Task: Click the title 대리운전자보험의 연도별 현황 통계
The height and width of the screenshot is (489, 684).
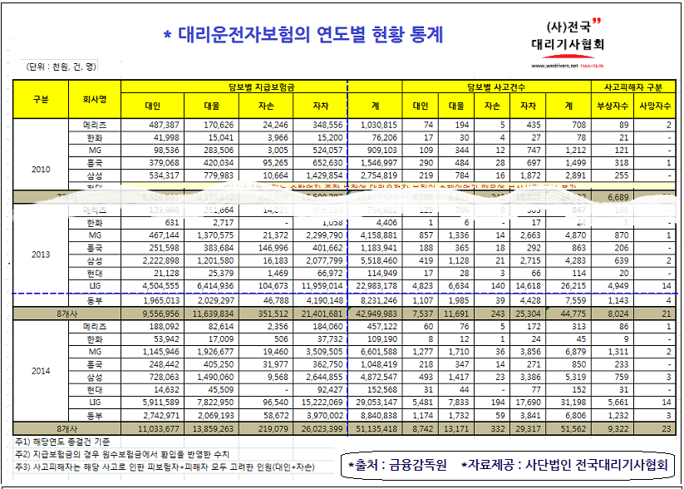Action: pos(308,34)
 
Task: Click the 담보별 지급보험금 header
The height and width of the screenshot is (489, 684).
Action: pos(234,86)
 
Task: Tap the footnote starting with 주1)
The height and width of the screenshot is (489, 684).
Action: pos(62,442)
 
